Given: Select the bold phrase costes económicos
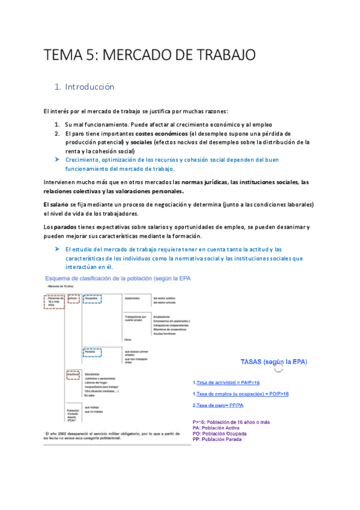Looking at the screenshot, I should pos(161,134).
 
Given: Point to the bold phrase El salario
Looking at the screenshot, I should pos(56,204).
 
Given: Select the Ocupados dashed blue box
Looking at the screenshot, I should pos(92,299).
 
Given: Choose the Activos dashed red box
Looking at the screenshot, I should pos(73,299).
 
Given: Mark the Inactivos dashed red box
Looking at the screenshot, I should pos(73,374).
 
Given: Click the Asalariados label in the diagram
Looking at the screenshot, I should pos(132,298).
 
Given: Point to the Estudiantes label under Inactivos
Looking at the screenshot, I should pos(93,374).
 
